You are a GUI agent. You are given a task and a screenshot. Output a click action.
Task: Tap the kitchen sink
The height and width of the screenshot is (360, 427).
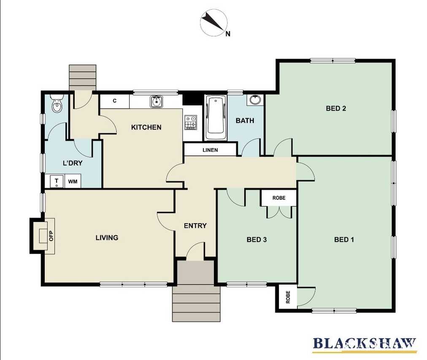[156, 102]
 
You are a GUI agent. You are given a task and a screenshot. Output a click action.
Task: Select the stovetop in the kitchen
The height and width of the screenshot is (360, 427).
[191, 122]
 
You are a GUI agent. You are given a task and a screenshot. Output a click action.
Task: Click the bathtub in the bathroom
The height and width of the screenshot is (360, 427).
[216, 117]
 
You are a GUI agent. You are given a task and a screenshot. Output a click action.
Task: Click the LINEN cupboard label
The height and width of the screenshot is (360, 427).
[210, 150]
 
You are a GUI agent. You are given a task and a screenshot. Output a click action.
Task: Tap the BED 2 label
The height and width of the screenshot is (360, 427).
[336, 108]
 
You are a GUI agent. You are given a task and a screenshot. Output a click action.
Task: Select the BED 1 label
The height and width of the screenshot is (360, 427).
[344, 240]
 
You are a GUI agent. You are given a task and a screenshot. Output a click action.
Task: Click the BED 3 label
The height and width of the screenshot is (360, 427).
[257, 240]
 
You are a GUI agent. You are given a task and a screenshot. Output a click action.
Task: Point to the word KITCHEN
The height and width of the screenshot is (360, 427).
[146, 127]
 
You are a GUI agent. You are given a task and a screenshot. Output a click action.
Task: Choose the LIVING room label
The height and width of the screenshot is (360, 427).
[107, 238]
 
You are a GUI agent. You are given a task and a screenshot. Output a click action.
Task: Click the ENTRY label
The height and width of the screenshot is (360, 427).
[195, 225]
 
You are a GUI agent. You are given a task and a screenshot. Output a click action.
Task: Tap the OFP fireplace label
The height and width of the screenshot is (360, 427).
[51, 236]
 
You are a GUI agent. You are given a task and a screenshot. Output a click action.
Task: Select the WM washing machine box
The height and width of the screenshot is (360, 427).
[73, 181]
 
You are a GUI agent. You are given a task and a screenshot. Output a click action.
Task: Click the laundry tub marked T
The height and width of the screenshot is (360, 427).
[57, 181]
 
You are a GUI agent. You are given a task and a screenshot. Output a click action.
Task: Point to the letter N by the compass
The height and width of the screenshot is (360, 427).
[228, 34]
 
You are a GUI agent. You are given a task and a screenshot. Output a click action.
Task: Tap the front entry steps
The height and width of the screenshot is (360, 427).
[196, 303]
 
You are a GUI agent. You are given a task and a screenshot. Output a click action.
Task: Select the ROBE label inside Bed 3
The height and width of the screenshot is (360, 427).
[279, 198]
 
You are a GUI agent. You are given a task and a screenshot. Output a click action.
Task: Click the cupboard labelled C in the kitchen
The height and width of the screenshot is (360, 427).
[115, 101]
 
